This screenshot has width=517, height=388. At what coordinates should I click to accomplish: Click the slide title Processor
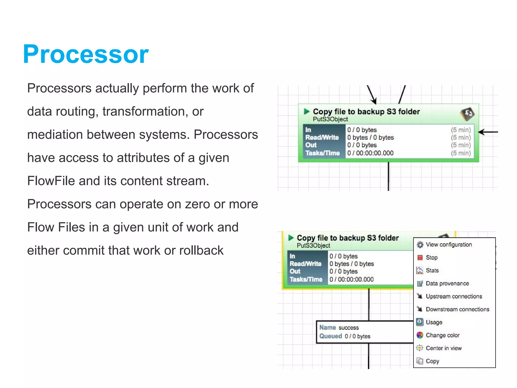(86, 54)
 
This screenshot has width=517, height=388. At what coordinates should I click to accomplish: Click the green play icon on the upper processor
(307, 111)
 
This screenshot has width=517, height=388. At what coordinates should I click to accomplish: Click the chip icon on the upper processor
(467, 114)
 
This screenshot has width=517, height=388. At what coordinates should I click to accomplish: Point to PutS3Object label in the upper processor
(330, 119)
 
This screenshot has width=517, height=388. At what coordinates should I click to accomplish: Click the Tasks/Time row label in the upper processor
(322, 153)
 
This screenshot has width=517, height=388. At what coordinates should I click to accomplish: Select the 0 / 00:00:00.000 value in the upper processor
(370, 153)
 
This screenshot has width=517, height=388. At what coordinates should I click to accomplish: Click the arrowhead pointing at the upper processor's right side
(481, 132)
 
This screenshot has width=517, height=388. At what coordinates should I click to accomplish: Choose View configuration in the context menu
(449, 245)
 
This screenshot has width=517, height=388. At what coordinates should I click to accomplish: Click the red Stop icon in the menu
(420, 257)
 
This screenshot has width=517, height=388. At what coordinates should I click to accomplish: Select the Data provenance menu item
(447, 283)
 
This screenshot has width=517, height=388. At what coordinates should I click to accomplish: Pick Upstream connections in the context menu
(454, 296)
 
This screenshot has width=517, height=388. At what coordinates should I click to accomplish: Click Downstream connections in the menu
(457, 309)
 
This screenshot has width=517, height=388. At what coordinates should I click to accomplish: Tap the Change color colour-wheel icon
(420, 335)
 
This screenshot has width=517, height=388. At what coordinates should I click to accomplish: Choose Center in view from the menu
(444, 348)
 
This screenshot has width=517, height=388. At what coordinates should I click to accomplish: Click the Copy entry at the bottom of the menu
(432, 361)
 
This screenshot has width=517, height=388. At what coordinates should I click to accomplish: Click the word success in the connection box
(349, 328)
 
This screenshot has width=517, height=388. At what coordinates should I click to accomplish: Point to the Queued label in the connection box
(330, 336)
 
